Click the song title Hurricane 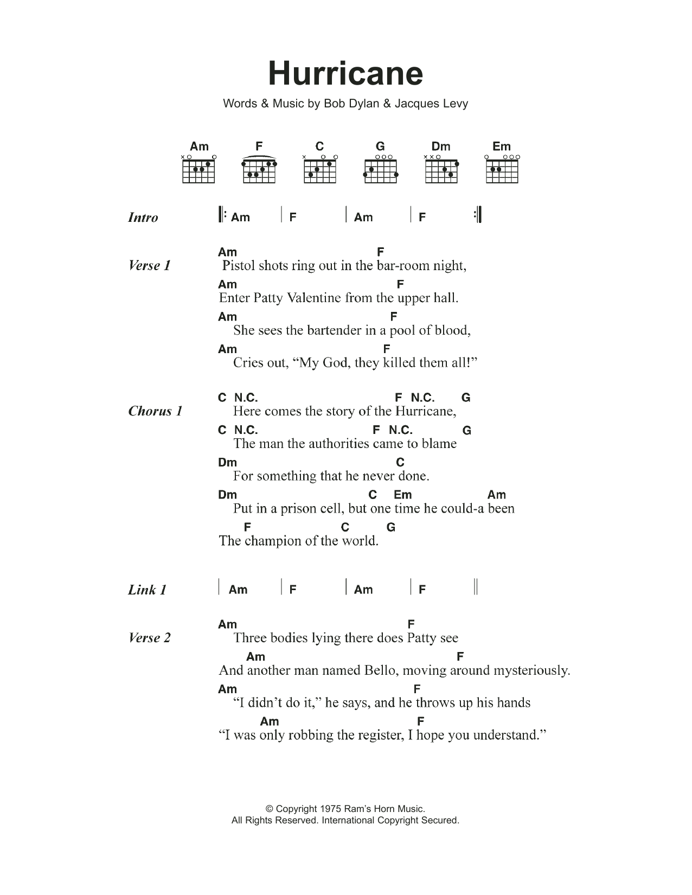click(x=345, y=74)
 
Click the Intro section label click(x=143, y=218)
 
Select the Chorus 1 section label click(x=155, y=411)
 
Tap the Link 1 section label click(x=147, y=590)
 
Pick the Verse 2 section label click(x=150, y=638)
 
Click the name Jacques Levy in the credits click(x=431, y=103)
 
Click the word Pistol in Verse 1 click(x=239, y=266)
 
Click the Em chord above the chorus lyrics click(x=402, y=495)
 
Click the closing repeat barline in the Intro click(x=477, y=215)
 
